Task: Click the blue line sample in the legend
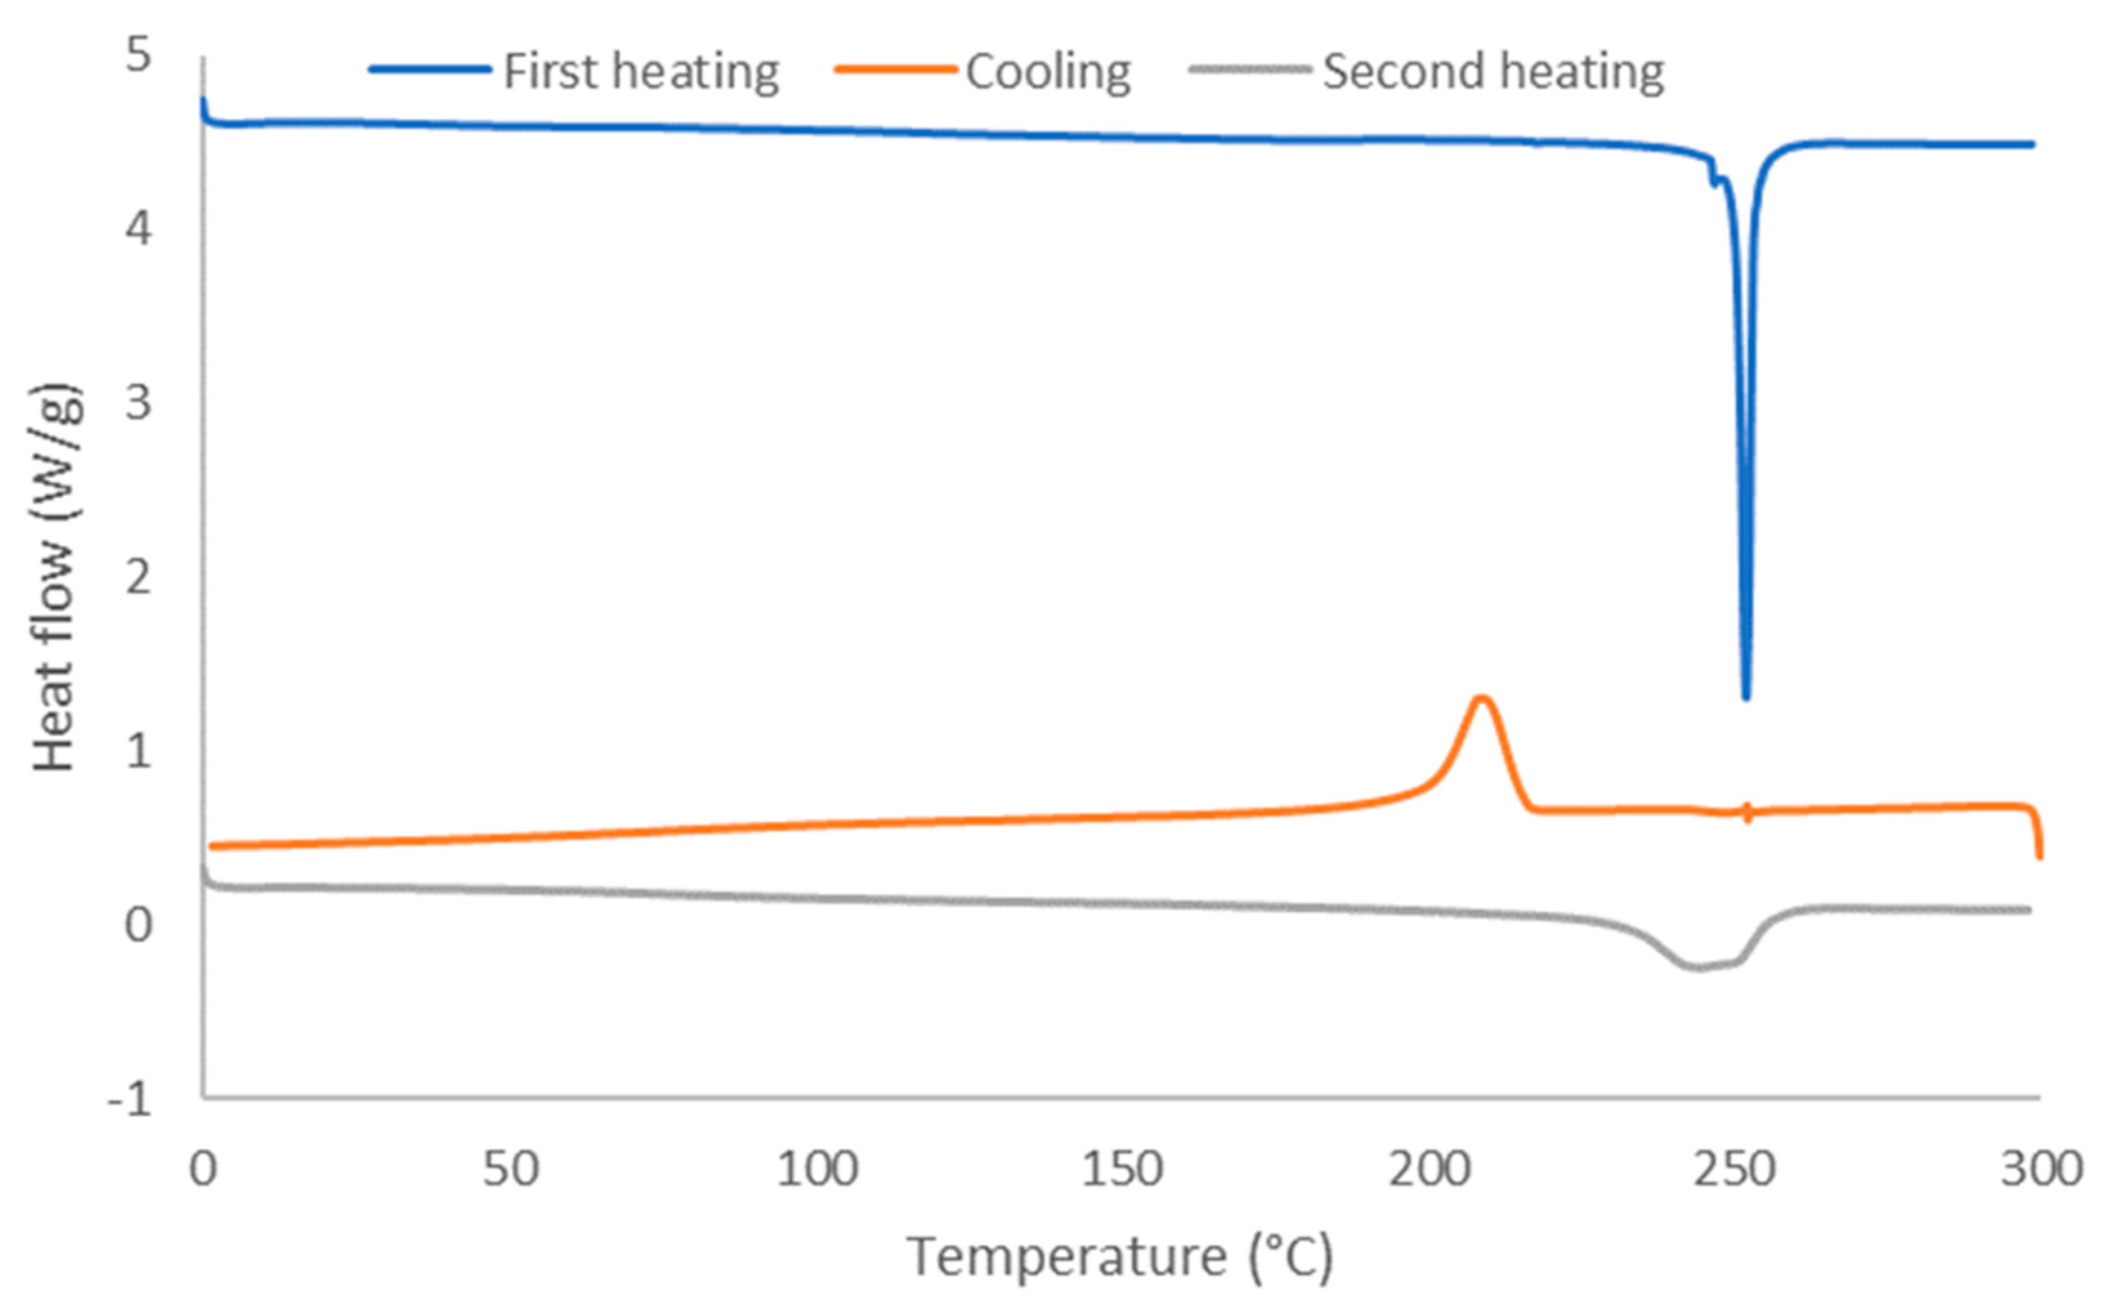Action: (430, 70)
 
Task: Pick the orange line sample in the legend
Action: (894, 70)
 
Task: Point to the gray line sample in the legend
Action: (1249, 70)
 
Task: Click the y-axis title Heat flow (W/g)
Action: (57, 577)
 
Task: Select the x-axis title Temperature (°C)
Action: (1119, 1257)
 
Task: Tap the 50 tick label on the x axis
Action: (510, 1170)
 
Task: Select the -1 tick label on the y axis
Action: (130, 1099)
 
